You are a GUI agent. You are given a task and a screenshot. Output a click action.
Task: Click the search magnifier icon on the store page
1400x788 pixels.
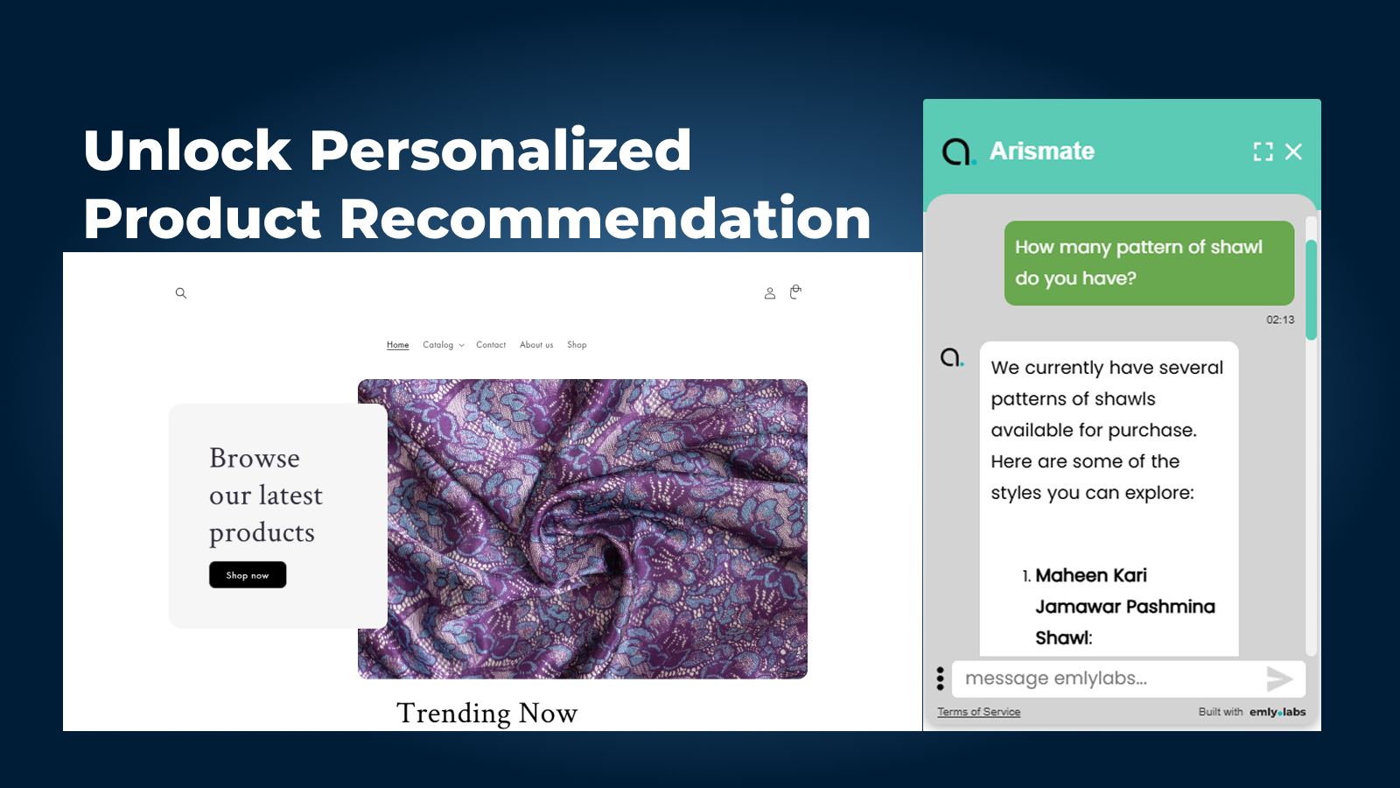(180, 292)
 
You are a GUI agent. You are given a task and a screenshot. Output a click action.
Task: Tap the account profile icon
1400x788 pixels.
(770, 293)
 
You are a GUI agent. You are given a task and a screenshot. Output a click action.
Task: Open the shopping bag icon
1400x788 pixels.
(795, 292)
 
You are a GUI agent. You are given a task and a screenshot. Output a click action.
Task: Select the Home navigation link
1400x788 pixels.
(397, 345)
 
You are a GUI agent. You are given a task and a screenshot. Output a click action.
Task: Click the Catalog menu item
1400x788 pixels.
(443, 345)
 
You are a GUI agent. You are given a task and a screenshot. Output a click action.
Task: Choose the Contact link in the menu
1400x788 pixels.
(491, 345)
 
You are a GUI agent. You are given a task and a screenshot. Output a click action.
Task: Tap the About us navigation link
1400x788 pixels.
(536, 345)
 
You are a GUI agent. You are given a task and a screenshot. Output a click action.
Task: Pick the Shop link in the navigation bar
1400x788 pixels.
(577, 345)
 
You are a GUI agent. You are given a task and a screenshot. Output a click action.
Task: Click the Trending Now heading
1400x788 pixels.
(486, 713)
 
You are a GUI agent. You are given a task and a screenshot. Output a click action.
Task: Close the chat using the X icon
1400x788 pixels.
(1293, 151)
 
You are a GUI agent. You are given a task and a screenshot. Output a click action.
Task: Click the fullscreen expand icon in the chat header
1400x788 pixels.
(1263, 151)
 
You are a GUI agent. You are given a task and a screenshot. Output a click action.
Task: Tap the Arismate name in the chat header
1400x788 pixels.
(1042, 151)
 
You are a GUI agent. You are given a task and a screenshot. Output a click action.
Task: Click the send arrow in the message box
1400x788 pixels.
(1279, 679)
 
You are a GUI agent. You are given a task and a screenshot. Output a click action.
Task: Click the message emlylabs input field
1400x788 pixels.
(1106, 679)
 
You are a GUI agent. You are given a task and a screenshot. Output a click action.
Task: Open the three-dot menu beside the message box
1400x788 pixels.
(940, 679)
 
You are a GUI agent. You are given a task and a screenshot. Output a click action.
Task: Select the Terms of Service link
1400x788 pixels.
(979, 712)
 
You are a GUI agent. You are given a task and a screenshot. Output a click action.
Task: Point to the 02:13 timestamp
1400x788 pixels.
(1280, 320)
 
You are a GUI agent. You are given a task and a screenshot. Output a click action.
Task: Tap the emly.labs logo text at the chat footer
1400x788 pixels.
(1277, 712)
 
